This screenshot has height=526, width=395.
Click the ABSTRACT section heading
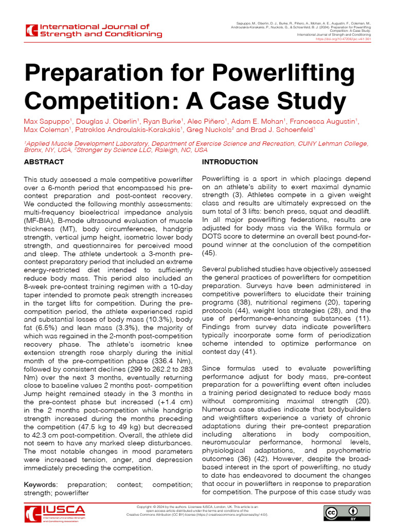(44, 162)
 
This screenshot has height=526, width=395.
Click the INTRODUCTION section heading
(230, 162)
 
